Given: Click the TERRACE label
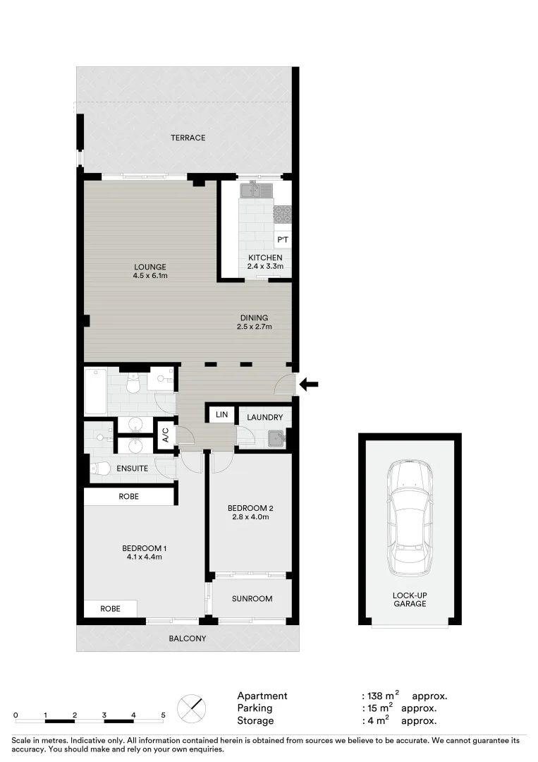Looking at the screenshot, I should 188,138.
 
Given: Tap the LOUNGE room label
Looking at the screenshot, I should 150,267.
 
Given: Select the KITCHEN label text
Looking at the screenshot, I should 265,258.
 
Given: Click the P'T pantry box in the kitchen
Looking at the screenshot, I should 282,240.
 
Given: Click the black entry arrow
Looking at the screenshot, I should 310,385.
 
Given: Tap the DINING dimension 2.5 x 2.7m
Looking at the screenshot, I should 255,327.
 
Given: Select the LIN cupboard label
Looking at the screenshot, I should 221,414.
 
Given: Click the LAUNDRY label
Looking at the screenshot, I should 264,417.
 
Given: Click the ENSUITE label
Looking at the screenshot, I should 133,468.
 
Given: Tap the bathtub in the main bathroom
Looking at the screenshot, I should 95,392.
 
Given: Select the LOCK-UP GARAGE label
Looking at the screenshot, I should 410,599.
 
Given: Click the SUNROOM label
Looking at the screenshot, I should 252,598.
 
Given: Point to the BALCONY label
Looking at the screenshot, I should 187,639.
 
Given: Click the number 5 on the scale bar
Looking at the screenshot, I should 163,715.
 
